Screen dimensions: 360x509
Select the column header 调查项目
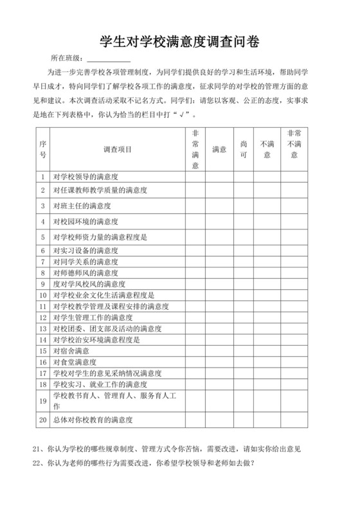pyautogui.click(x=117, y=149)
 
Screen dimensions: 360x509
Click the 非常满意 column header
pyautogui.click(x=195, y=149)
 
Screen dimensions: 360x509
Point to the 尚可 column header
pyautogui.click(x=243, y=149)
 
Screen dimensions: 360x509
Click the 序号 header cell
pyautogui.click(x=42, y=149)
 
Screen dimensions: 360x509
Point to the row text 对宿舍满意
pyautogui.click(x=71, y=351)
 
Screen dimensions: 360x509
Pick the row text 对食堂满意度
pyautogui.click(x=75, y=362)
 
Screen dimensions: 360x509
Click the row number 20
pyautogui.click(x=42, y=420)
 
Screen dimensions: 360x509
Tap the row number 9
pyautogui.click(x=42, y=283)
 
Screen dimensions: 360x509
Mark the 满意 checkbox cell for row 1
pyautogui.click(x=219, y=177)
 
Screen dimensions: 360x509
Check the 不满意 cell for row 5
pyautogui.click(x=267, y=237)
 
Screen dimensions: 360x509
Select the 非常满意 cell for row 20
pyautogui.click(x=195, y=420)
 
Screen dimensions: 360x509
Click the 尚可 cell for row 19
pyautogui.click(x=243, y=402)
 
